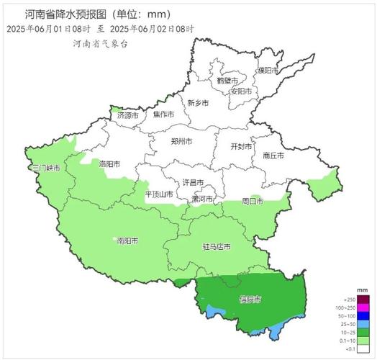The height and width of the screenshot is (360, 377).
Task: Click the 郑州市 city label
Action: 181,143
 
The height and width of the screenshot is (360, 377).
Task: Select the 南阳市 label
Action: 127,240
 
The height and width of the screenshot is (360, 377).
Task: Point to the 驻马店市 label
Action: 216,247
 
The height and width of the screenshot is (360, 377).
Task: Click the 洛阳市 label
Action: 111,163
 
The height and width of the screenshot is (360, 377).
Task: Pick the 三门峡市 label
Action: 45,168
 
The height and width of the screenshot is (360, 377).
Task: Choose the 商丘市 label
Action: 273,155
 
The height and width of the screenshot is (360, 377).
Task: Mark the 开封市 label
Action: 240,146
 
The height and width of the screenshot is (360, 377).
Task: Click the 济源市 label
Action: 127,115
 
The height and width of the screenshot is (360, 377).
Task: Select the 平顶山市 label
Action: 159,194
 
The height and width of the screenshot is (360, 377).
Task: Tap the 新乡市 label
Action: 198,104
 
